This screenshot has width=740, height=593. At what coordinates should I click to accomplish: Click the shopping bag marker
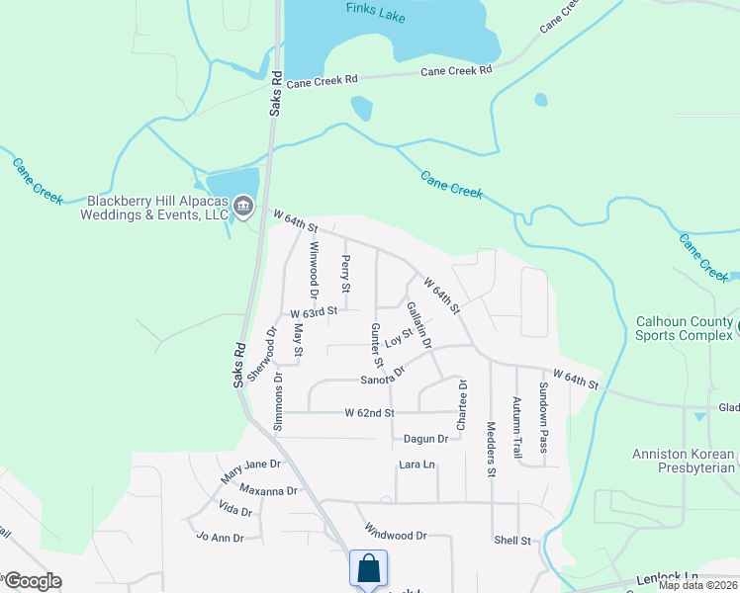click(x=368, y=569)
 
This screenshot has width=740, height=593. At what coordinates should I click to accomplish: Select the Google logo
click(x=32, y=581)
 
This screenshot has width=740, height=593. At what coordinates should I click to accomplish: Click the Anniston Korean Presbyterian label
click(x=686, y=461)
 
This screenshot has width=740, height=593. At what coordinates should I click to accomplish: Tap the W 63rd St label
click(x=314, y=311)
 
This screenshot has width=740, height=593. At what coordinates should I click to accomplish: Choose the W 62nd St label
click(x=369, y=412)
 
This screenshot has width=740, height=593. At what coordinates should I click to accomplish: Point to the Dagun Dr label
click(x=426, y=439)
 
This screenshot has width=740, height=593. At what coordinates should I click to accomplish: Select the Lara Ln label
click(x=416, y=465)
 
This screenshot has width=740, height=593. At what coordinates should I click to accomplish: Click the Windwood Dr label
click(x=395, y=534)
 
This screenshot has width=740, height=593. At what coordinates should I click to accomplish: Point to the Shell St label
click(x=512, y=541)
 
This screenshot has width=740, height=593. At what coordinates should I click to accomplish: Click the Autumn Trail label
click(x=516, y=426)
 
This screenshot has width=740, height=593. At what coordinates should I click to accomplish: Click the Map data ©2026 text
click(x=698, y=585)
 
